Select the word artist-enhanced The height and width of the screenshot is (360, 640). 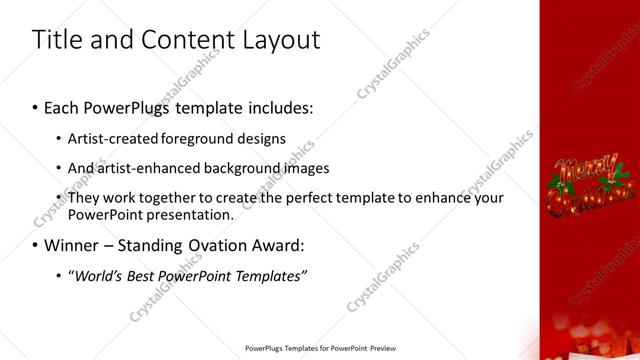pos(147,168)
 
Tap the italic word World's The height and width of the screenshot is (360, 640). pos(95,276)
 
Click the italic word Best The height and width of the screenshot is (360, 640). pos(140,276)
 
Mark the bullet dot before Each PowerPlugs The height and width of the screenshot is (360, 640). pos(36,107)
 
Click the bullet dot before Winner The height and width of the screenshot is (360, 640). pos(36,246)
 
